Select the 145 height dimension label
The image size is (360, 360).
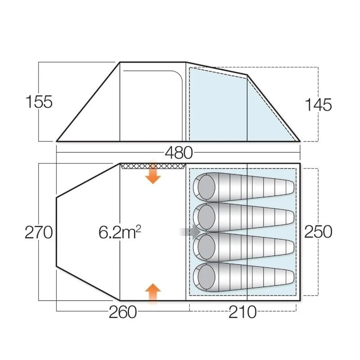pos(318,105)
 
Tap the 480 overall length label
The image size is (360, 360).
pos(179,153)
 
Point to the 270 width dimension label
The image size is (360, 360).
pos(39,233)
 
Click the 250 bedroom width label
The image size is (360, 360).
pos(318,232)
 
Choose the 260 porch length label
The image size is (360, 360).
pos(122,311)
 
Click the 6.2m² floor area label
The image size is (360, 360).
pos(120,232)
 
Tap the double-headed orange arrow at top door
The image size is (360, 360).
pos(153,173)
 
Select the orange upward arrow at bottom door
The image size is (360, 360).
pos(153,293)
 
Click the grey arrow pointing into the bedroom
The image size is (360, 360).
pos(190,232)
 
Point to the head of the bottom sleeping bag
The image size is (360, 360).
pos(207,275)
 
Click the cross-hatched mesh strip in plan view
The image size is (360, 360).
pos(153,166)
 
